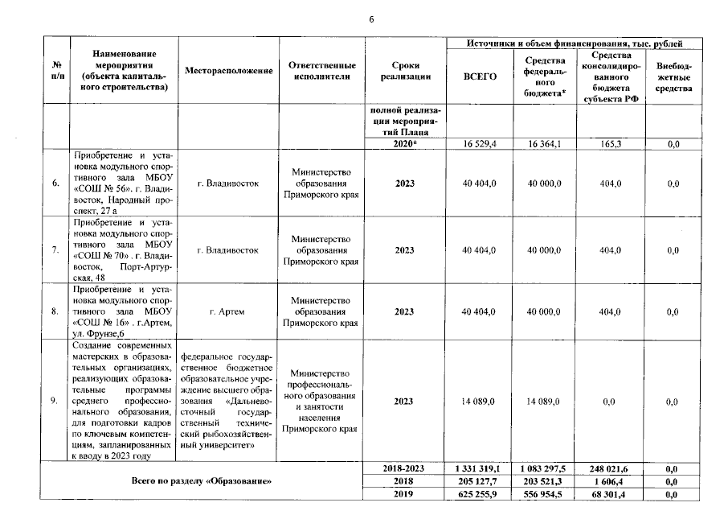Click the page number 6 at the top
coord(371,19)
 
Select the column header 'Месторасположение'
coord(228,71)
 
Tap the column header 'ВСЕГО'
coord(481,76)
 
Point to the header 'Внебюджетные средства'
coord(673,76)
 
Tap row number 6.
coord(55,183)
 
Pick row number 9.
coord(55,400)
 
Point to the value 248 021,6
coord(610,468)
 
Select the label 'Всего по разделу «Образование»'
coord(202,481)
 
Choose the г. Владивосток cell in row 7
coord(228,250)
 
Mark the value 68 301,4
coord(610,495)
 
